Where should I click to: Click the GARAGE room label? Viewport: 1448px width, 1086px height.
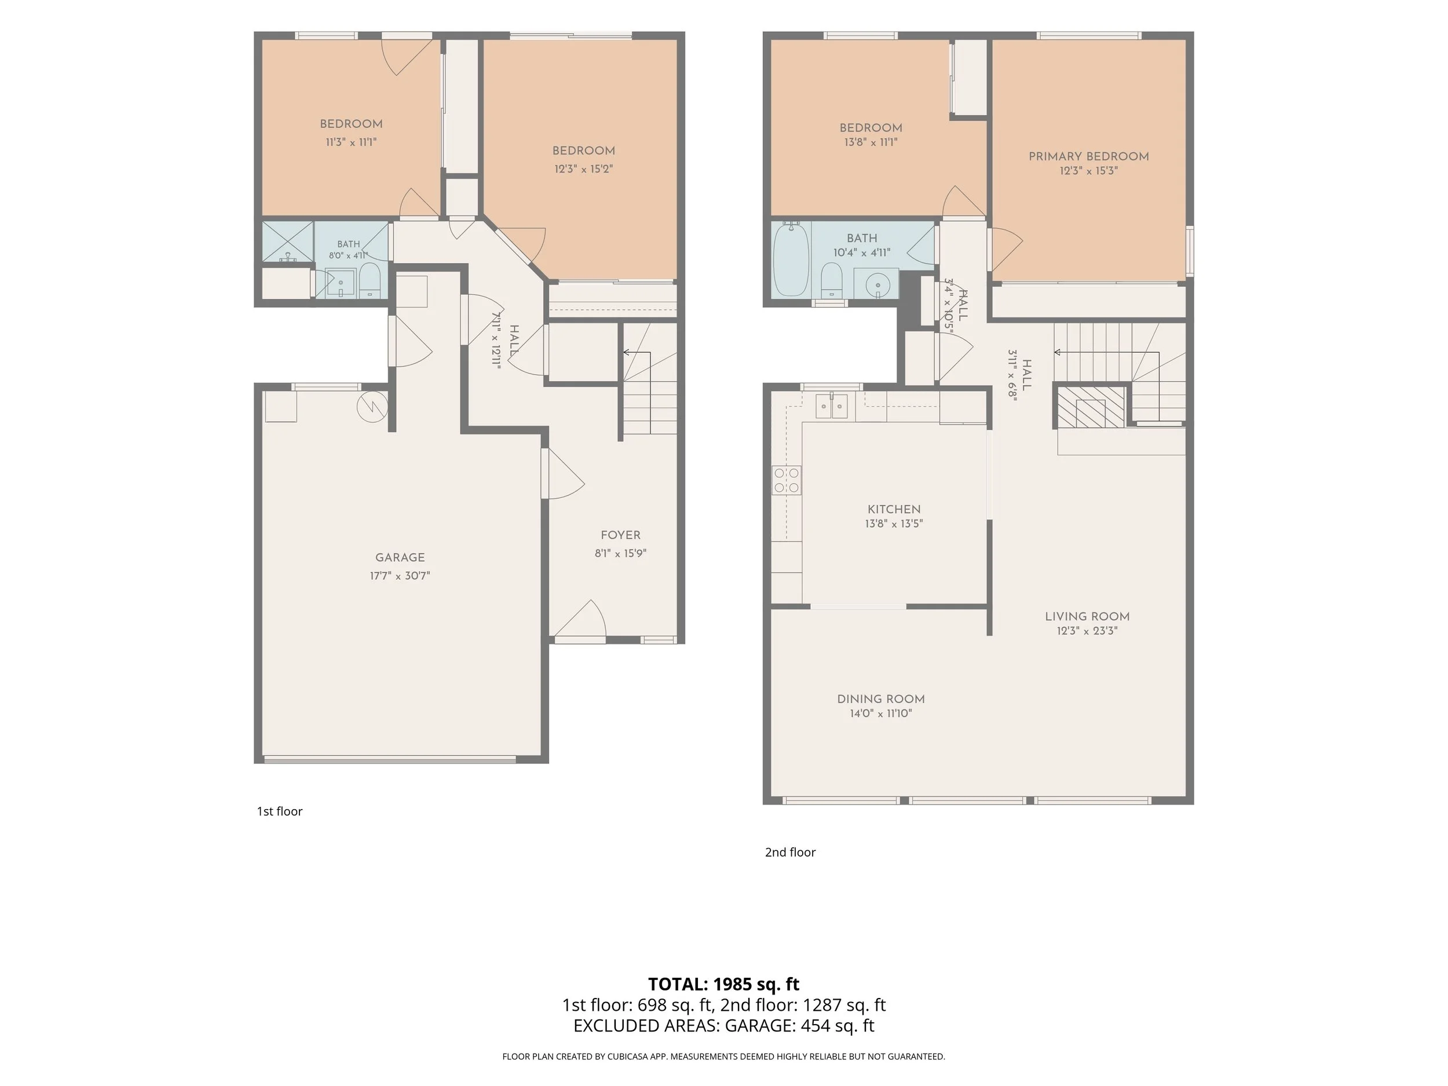pyautogui.click(x=400, y=558)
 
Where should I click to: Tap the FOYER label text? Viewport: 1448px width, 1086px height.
pyautogui.click(x=620, y=536)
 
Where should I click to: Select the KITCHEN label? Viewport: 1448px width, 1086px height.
pyautogui.click(x=894, y=509)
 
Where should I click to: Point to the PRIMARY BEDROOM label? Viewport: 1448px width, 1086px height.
pyautogui.click(x=1089, y=156)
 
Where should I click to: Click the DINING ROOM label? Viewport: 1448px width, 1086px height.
pyautogui.click(x=881, y=699)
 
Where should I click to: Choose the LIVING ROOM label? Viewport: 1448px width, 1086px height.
pyautogui.click(x=1087, y=617)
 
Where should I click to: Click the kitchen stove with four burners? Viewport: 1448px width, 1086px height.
pyautogui.click(x=787, y=480)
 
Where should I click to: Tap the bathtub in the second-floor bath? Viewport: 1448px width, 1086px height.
pyautogui.click(x=791, y=258)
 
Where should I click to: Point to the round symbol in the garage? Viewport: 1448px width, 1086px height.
pyautogui.click(x=372, y=407)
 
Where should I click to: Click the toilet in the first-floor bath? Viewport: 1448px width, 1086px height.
pyautogui.click(x=370, y=280)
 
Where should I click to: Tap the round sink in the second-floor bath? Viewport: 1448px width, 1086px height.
pyautogui.click(x=876, y=285)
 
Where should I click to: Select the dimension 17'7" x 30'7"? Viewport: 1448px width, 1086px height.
pyautogui.click(x=400, y=576)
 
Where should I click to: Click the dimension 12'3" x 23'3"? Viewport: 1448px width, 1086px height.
pyautogui.click(x=1087, y=631)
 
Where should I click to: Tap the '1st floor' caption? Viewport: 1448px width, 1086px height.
pyautogui.click(x=280, y=811)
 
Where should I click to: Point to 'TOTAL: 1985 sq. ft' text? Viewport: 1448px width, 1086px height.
pyautogui.click(x=724, y=984)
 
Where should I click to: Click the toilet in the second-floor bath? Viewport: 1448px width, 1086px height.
pyautogui.click(x=831, y=280)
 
